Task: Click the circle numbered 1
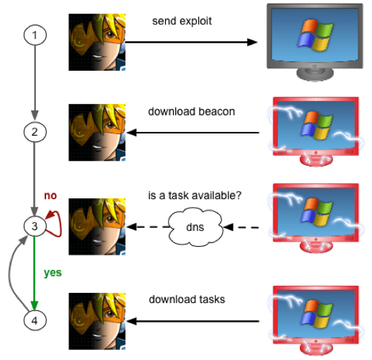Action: coord(35,35)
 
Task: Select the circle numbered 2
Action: coord(35,132)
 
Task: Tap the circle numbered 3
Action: coord(35,227)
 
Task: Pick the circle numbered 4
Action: coord(35,320)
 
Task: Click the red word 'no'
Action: coord(50,196)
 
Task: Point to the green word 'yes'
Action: coord(53,273)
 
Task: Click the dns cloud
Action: coord(195,227)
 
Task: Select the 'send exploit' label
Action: coord(182,21)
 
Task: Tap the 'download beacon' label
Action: coord(192,112)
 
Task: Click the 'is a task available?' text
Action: coord(195,196)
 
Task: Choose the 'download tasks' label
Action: coord(187,299)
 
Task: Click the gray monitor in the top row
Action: coord(315,43)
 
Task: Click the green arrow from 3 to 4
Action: coord(35,273)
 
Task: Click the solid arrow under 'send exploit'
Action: coord(191,43)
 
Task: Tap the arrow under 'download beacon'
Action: coord(192,133)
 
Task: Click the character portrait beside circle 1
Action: coord(97,43)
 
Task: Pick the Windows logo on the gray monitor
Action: coord(315,35)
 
